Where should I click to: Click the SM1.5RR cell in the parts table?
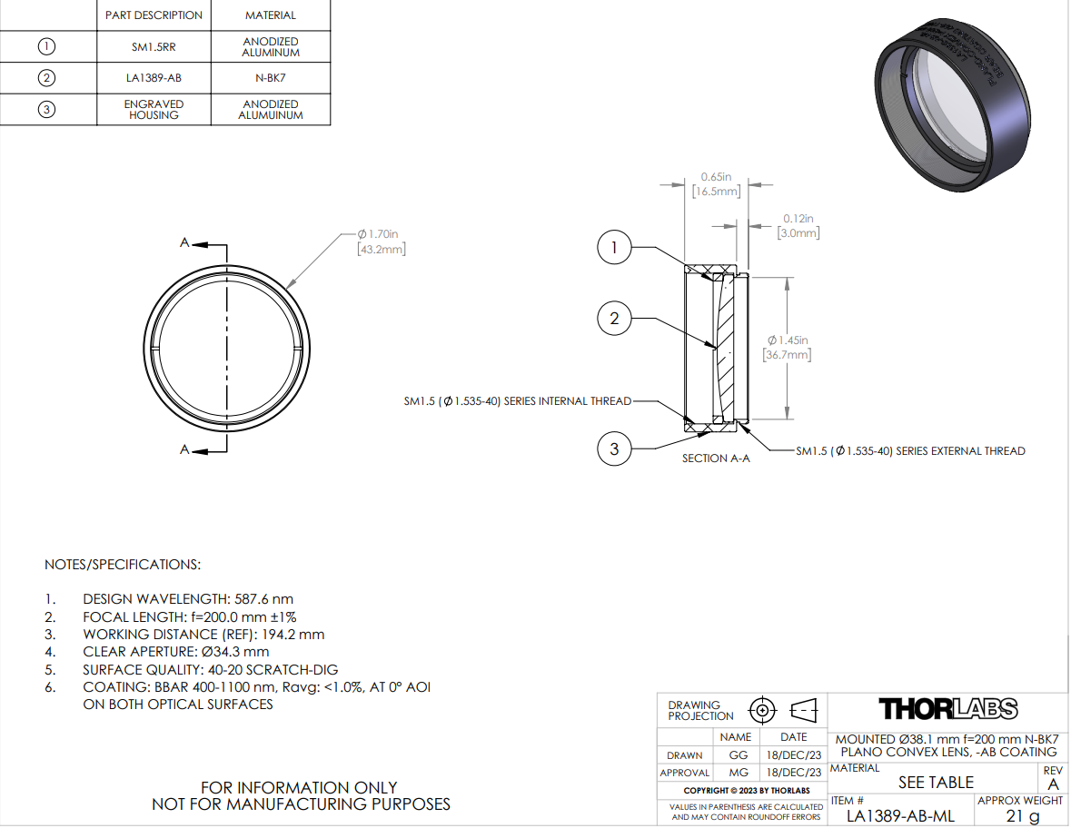(154, 47)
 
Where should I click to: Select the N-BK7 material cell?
(271, 78)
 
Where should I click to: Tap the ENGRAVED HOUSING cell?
(154, 109)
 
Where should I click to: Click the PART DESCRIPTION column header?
(154, 15)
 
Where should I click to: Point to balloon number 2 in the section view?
(614, 318)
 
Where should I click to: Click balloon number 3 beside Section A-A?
(614, 448)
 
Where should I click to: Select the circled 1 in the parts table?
(46, 46)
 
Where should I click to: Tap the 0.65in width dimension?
(717, 184)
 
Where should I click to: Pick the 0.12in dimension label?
(798, 226)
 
